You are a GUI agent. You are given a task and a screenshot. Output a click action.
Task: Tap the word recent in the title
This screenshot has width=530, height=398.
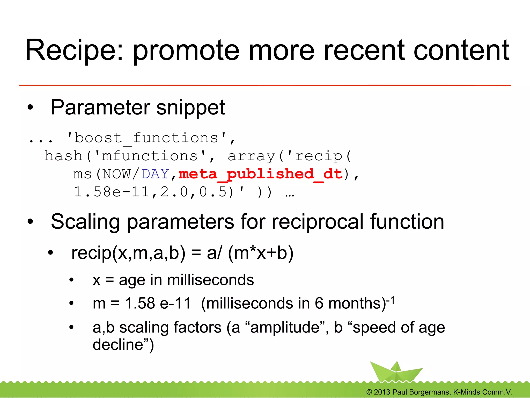pos(364,50)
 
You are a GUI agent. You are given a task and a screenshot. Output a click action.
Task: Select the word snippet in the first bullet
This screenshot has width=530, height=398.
pos(190,108)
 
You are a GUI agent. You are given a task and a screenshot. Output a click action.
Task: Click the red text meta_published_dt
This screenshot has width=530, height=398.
pos(261,174)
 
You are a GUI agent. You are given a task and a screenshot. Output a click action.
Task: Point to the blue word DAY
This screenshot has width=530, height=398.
pos(155,174)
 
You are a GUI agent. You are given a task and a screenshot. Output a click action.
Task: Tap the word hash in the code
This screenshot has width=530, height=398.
pos(63,156)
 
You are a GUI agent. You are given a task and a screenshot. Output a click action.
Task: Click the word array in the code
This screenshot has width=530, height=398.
pos(251,156)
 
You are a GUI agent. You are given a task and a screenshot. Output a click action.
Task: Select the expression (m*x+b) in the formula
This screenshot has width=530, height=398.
pos(261,253)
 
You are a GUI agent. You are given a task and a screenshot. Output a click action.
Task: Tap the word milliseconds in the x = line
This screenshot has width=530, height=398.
pos(210,280)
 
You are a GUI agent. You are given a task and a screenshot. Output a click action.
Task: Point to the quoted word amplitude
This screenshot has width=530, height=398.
pos(285,327)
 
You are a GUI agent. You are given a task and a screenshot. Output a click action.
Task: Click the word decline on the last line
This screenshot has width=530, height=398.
pos(118,345)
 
